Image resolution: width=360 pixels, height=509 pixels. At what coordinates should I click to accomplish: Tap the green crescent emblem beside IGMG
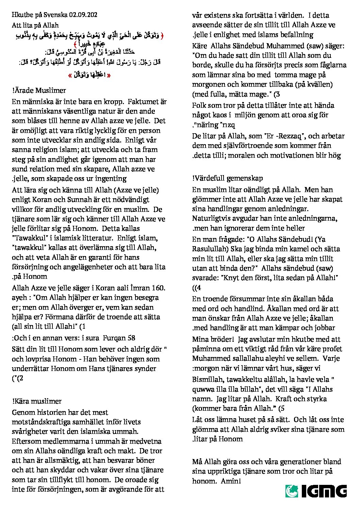(x=292, y=491)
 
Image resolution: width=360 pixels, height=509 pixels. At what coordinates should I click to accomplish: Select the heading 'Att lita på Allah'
(x=35, y=25)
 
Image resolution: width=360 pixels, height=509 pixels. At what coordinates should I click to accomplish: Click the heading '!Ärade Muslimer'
(x=39, y=90)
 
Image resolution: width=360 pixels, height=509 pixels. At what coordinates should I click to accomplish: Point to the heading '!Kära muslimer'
(x=37, y=401)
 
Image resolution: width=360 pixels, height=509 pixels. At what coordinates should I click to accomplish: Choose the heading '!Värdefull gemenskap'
(x=227, y=178)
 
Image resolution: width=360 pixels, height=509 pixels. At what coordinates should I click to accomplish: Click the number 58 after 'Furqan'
(x=131, y=338)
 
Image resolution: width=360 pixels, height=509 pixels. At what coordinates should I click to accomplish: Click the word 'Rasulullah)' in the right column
(x=209, y=249)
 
